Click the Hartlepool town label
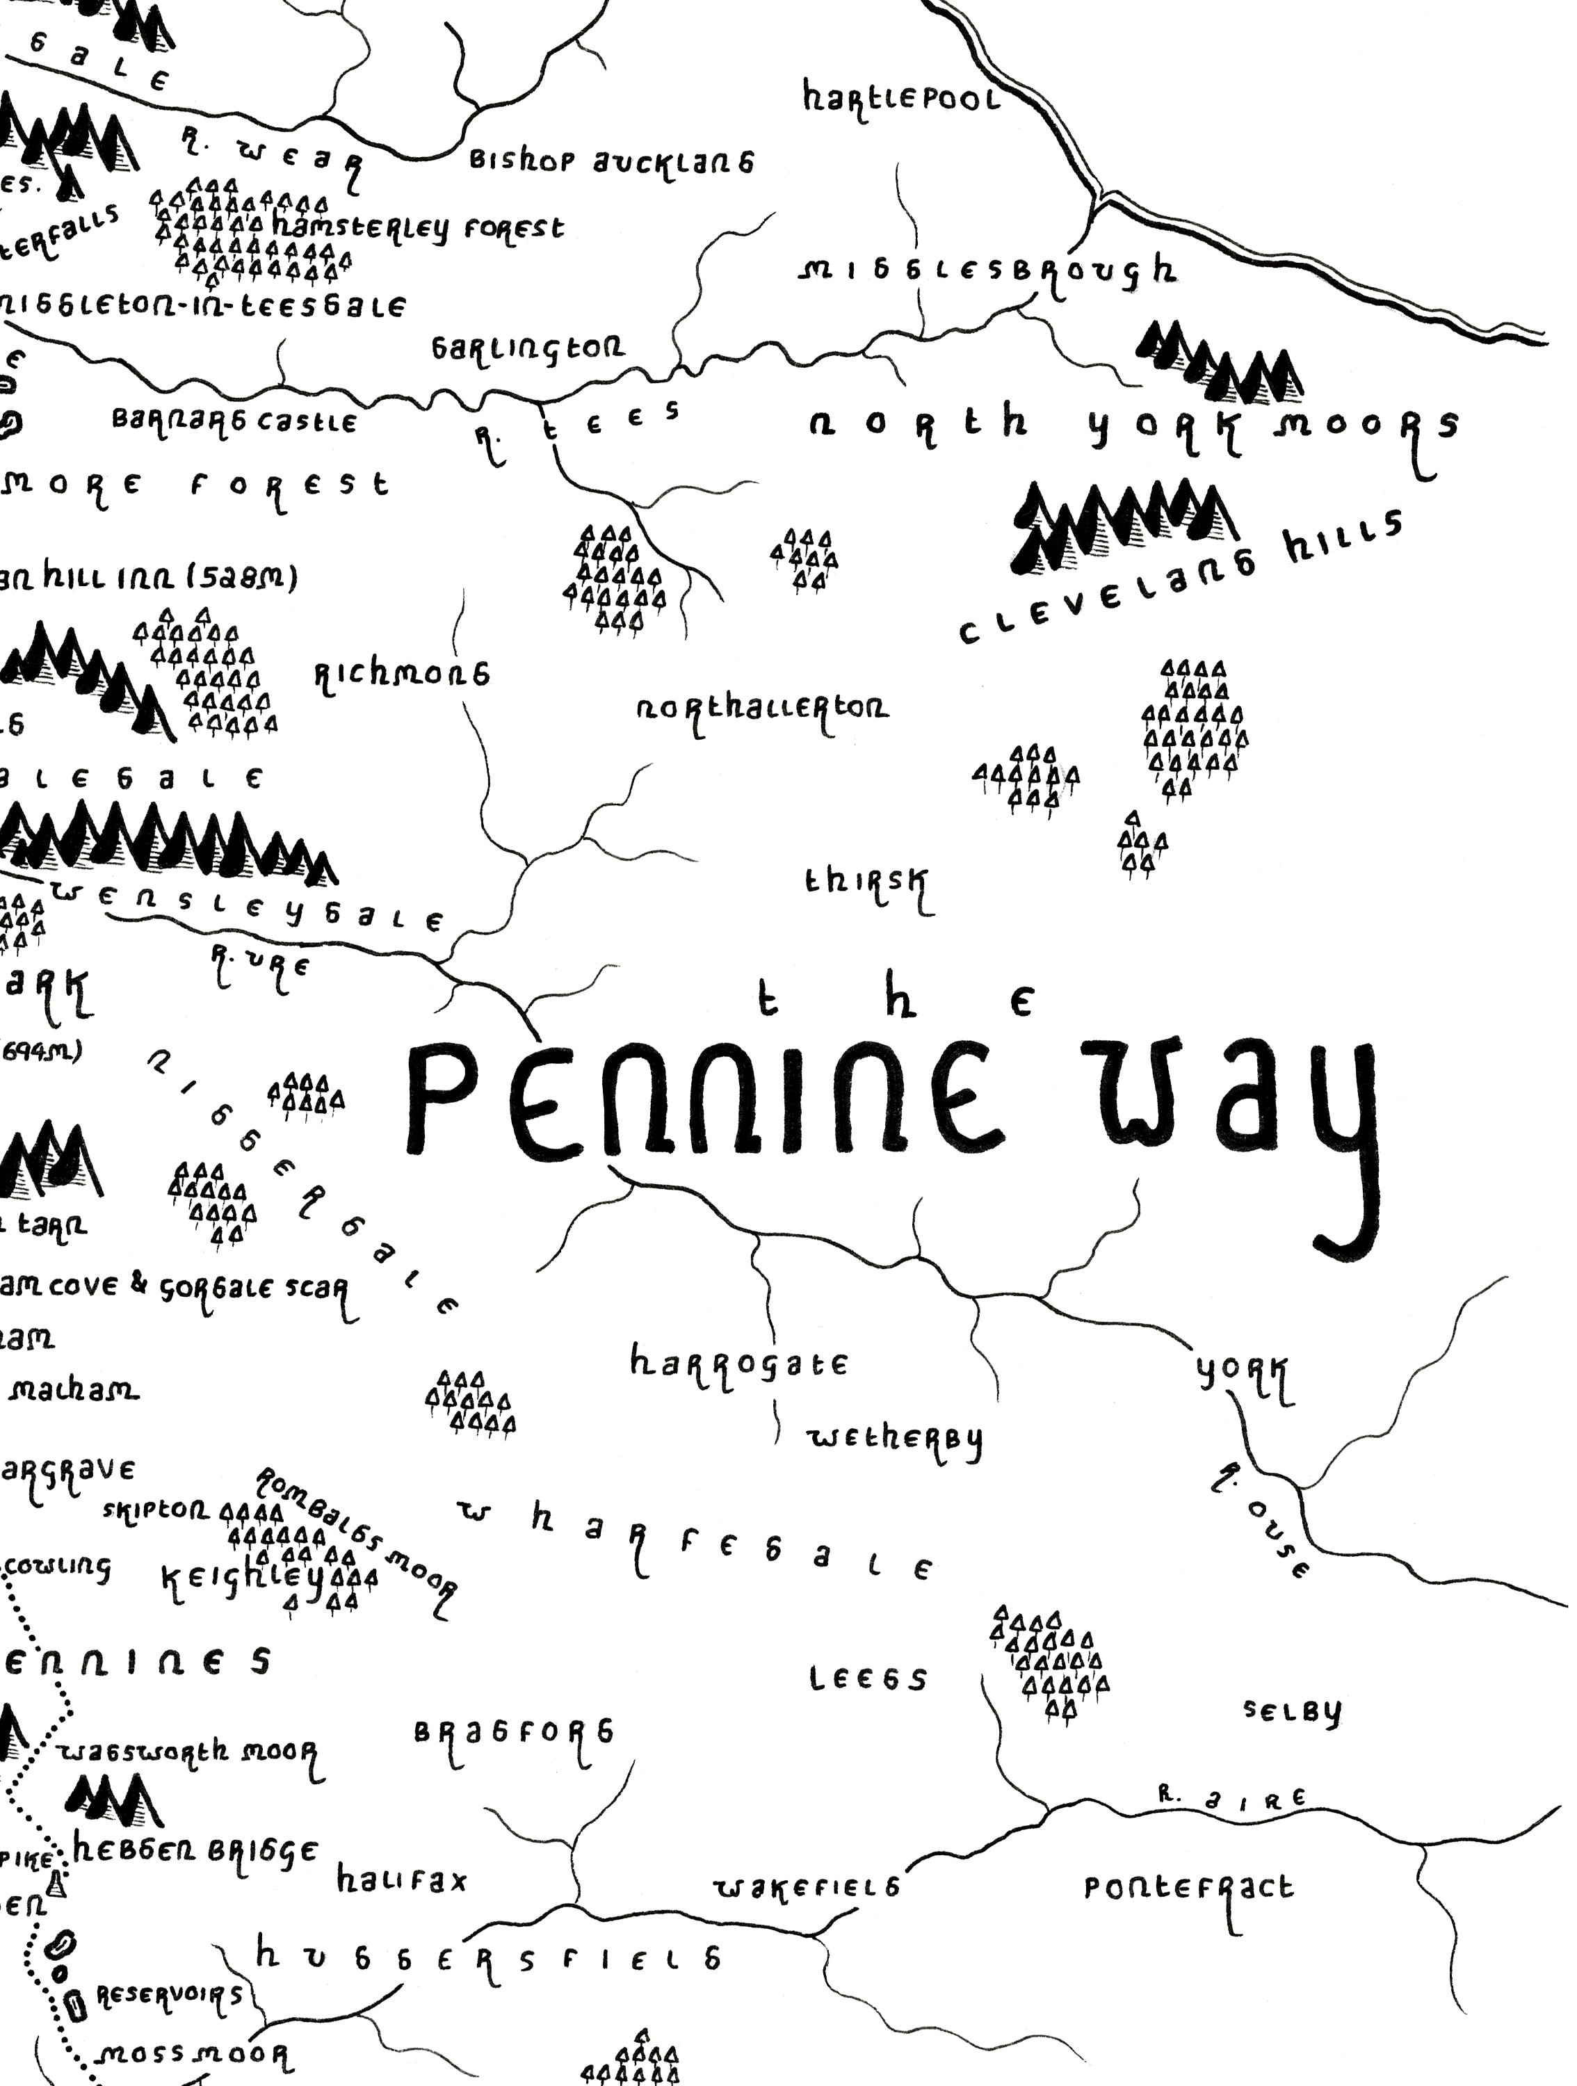tap(900, 98)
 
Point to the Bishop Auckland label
tap(611, 161)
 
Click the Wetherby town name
tap(894, 1438)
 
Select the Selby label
tap(1291, 1710)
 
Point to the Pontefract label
tap(1188, 1888)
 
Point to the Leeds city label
tap(868, 1679)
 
